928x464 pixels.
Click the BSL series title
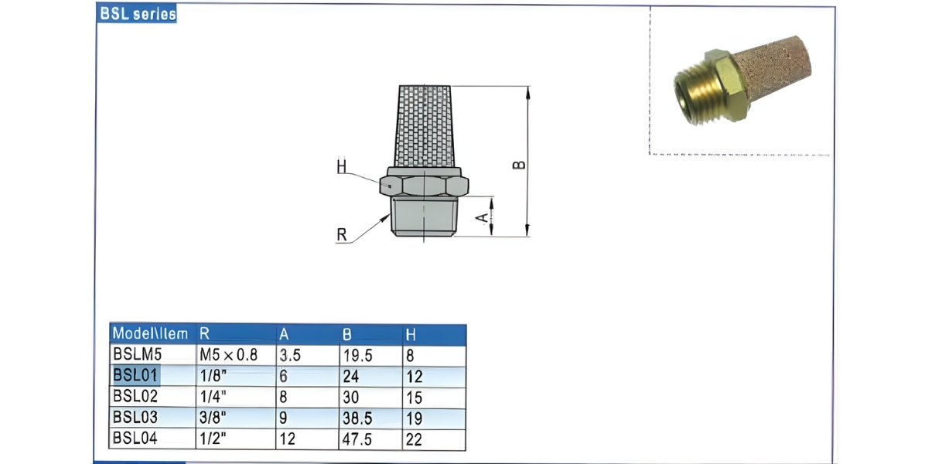pos(137,14)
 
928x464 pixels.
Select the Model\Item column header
pos(150,334)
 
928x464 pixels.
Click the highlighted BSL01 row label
pos(135,377)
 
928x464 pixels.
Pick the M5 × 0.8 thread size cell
pos(228,356)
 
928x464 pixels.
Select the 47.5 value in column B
pos(357,439)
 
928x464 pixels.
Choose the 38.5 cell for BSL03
pos(357,418)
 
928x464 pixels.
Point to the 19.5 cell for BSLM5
pos(357,356)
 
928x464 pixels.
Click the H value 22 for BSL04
pos(414,439)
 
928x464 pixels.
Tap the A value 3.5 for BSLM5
pos(289,356)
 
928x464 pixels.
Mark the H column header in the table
pos(411,334)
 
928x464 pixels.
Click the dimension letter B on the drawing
pos(520,165)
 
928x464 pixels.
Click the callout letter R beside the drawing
pos(341,235)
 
